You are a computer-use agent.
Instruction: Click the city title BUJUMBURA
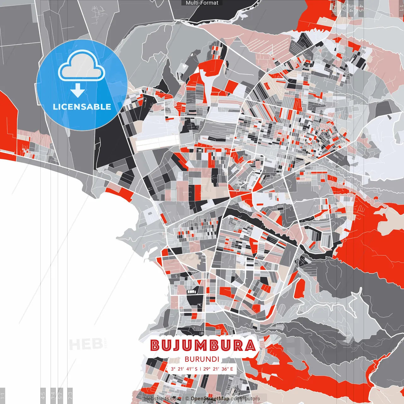pyautogui.click(x=203, y=345)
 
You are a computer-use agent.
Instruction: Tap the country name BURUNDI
pyautogui.click(x=202, y=359)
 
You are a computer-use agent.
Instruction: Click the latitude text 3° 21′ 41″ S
pyautogui.click(x=184, y=369)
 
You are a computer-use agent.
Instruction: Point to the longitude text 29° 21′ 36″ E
pyautogui.click(x=218, y=369)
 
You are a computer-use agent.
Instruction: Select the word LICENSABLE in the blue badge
pyautogui.click(x=82, y=107)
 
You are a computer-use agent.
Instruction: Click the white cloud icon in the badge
pyautogui.click(x=81, y=67)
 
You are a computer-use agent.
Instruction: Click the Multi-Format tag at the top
pyautogui.click(x=202, y=3)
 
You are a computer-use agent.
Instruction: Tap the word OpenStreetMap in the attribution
pyautogui.click(x=210, y=399)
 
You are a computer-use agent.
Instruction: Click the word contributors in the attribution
pyautogui.click(x=245, y=399)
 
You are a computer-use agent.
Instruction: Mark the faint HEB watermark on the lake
pyautogui.click(x=81, y=344)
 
